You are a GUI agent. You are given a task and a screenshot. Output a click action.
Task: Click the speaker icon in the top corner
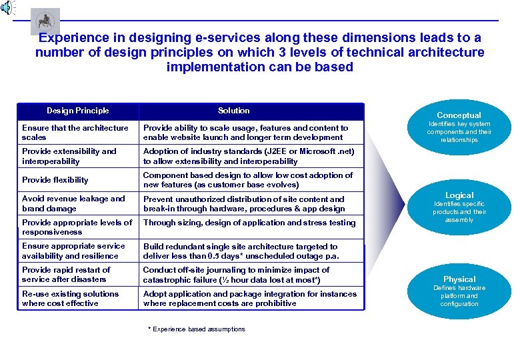[x=7, y=7]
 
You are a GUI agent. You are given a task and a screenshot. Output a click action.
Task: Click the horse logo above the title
[x=45, y=21]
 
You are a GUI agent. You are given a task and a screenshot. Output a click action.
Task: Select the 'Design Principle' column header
[x=77, y=111]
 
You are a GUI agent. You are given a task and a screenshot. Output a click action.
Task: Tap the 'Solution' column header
[x=233, y=111]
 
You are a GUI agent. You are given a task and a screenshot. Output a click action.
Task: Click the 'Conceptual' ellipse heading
[x=459, y=115]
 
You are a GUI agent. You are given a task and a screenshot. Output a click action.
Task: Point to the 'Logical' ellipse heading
[x=459, y=195]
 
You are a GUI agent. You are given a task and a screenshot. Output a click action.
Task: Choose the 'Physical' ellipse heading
[x=459, y=279]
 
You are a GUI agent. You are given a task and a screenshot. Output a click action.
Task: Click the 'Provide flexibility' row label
[x=55, y=180]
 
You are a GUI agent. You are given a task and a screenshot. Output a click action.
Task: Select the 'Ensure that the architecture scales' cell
[x=75, y=133]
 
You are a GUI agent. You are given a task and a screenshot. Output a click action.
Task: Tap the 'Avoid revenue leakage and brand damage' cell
[x=73, y=203]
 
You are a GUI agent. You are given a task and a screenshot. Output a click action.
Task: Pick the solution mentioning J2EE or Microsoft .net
[x=249, y=156]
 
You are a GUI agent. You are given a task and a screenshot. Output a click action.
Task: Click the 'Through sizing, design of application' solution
[x=249, y=223]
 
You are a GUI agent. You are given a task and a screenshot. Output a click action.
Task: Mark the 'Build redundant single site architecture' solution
[x=241, y=251]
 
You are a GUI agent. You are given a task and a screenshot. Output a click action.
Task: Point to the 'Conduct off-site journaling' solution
[x=236, y=275]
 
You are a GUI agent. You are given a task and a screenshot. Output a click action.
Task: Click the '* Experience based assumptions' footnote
[x=196, y=329]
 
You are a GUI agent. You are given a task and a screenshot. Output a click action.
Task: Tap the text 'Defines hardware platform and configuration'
[x=459, y=296]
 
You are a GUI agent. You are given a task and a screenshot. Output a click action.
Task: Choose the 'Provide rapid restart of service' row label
[x=66, y=275]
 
